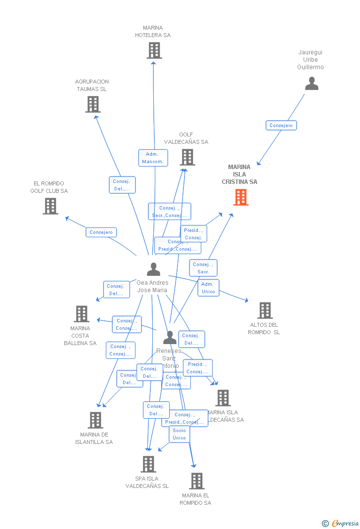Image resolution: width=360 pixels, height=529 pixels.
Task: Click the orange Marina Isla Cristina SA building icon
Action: pyautogui.click(x=241, y=197)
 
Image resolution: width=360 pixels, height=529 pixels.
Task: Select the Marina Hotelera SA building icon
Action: pyautogui.click(x=154, y=50)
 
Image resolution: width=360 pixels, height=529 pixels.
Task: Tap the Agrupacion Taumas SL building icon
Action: pyautogui.click(x=93, y=104)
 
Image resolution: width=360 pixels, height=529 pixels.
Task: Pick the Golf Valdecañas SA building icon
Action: pyautogui.click(x=187, y=157)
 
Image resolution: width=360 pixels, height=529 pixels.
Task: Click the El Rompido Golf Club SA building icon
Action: pyautogui.click(x=50, y=206)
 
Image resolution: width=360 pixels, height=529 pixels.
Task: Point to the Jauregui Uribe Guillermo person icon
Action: pyautogui.click(x=312, y=84)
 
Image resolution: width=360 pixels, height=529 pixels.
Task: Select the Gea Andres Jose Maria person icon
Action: pyautogui.click(x=154, y=269)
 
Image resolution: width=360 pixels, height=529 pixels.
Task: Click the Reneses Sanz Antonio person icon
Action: pyautogui.click(x=170, y=338)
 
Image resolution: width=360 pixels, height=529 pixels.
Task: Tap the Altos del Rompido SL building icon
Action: pyautogui.click(x=265, y=310)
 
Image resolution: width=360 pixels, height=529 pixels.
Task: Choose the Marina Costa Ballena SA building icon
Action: pyautogui.click(x=82, y=314)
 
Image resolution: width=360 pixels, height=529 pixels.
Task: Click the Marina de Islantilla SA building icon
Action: pyautogui.click(x=95, y=420)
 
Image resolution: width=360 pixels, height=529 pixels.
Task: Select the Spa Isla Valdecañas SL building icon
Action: pyautogui.click(x=148, y=464)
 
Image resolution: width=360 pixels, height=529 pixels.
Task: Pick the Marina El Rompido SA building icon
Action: pyautogui.click(x=197, y=481)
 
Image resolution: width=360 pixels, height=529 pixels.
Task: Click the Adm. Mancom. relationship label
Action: pyautogui.click(x=153, y=158)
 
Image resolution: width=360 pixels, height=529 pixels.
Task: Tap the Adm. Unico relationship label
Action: pyautogui.click(x=208, y=288)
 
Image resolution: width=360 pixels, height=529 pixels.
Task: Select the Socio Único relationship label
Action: pyautogui.click(x=180, y=434)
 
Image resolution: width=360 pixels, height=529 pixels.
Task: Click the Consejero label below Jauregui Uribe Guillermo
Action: pyautogui.click(x=281, y=126)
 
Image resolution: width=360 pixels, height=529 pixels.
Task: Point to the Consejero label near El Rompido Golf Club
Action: pyautogui.click(x=101, y=232)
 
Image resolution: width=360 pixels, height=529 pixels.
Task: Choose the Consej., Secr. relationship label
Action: pyautogui.click(x=203, y=268)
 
